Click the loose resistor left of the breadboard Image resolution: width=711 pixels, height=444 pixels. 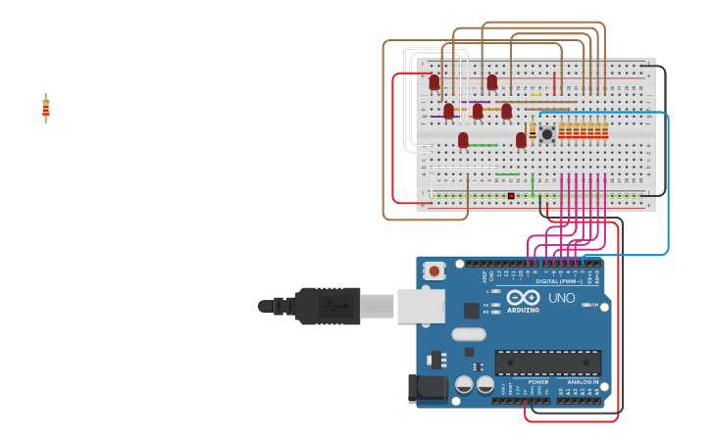pyautogui.click(x=45, y=108)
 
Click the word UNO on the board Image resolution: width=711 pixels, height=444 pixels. pyautogui.click(x=561, y=298)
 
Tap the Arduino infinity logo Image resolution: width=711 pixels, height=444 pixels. pyautogui.click(x=523, y=297)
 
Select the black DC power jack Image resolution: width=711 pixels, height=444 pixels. pyautogui.click(x=428, y=388)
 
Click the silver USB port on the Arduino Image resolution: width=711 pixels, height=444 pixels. pyautogui.click(x=421, y=306)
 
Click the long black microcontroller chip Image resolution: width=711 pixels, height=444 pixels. pyautogui.click(x=547, y=363)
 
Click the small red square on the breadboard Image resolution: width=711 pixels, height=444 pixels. pyautogui.click(x=511, y=196)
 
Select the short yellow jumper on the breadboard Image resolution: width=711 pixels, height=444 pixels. pyautogui.click(x=536, y=95)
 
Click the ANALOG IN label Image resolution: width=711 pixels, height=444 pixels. pyautogui.click(x=582, y=382)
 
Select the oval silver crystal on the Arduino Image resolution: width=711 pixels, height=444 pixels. pyautogui.click(x=469, y=333)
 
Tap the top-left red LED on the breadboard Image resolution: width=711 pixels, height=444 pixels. pyautogui.click(x=434, y=82)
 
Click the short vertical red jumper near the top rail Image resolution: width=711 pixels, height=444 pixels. pyautogui.click(x=554, y=82)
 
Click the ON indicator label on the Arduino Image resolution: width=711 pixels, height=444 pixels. pyautogui.click(x=593, y=306)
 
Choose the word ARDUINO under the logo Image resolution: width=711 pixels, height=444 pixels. pyautogui.click(x=523, y=310)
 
